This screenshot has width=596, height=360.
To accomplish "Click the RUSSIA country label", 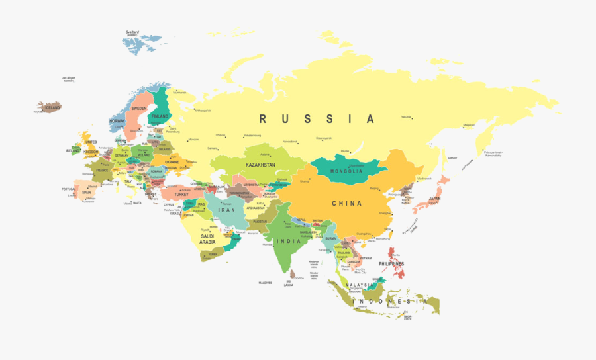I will (317, 119).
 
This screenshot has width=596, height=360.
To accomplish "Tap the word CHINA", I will (347, 203).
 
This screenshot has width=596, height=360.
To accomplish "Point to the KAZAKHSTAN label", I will (260, 163).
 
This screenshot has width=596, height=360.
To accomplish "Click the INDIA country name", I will (289, 241).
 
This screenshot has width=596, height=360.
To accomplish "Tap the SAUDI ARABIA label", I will (207, 239).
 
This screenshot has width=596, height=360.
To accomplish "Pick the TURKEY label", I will (181, 195).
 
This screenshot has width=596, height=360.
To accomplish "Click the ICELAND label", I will (52, 107).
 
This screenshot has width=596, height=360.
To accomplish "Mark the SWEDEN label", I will (139, 108).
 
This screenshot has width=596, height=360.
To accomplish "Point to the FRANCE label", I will (101, 170).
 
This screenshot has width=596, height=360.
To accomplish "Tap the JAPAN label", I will (434, 199).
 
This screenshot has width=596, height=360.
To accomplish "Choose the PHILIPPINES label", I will (391, 263).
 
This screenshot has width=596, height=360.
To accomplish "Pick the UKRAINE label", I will (172, 161).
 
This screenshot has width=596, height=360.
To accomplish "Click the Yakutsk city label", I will (406, 117).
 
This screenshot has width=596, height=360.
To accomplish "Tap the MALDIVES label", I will (266, 283).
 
